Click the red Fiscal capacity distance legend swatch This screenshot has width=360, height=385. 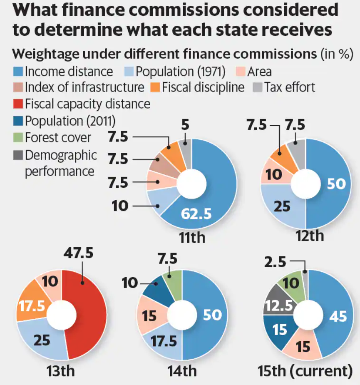[x=18, y=104]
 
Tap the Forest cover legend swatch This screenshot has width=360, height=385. [x=18, y=137]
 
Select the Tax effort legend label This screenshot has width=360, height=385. [x=290, y=87]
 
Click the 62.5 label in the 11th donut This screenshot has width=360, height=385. [x=196, y=214]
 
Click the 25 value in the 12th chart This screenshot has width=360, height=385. [x=282, y=206]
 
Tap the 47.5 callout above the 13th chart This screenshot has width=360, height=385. [x=78, y=253]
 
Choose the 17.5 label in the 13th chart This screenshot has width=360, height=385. [x=32, y=306]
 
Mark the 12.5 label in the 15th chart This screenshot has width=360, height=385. [x=279, y=306]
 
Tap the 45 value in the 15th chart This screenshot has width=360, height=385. [x=338, y=316]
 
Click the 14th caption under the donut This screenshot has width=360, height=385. [x=182, y=371]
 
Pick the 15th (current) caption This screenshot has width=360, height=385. [x=305, y=371]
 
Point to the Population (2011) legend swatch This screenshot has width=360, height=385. [x=18, y=121]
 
